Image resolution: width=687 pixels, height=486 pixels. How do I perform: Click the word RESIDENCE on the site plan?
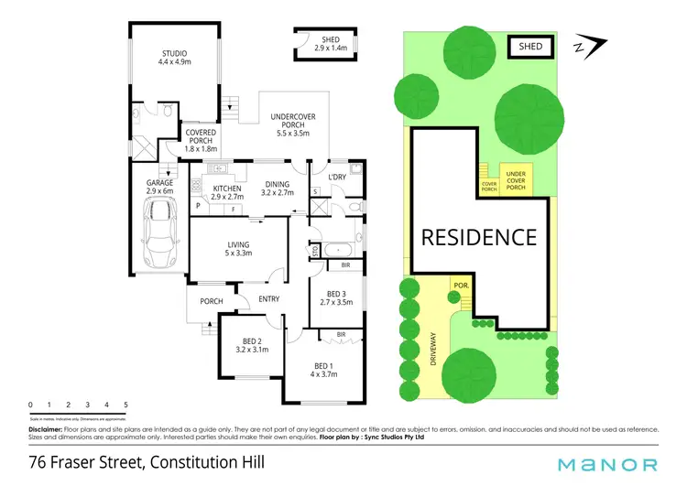coord(478,238)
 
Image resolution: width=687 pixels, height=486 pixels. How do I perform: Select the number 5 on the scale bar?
coord(125,404)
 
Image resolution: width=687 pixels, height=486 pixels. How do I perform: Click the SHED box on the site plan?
coord(530,46)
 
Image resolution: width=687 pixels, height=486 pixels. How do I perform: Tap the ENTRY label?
coord(269,299)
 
